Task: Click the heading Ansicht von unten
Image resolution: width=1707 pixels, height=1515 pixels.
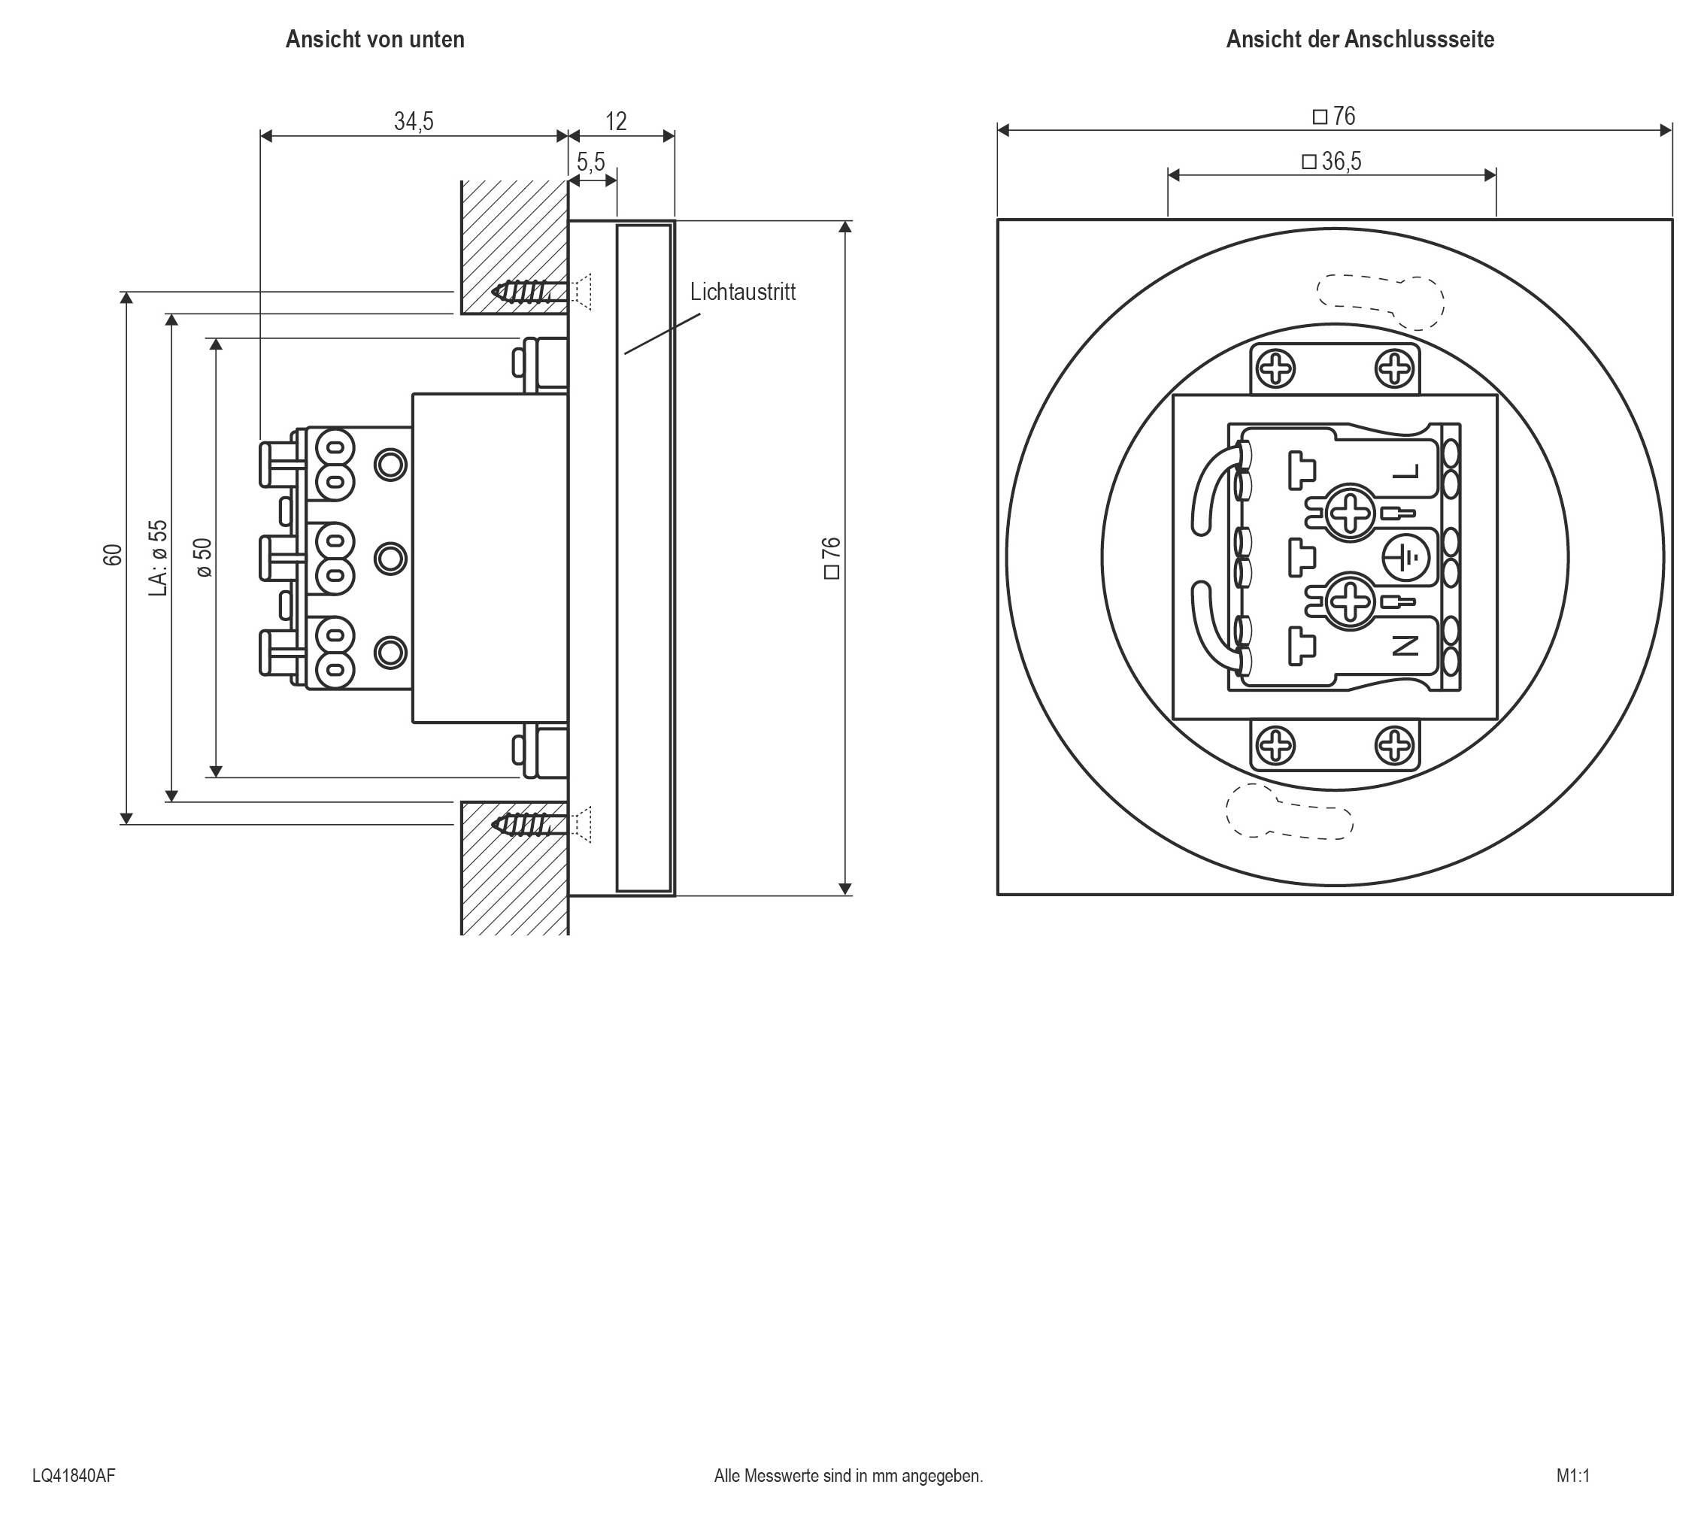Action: coord(374,39)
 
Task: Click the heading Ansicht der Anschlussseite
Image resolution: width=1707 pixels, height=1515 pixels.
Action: coord(1360,39)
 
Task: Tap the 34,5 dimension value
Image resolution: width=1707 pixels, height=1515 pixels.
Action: coord(414,122)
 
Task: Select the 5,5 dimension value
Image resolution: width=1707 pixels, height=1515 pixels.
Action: coord(590,161)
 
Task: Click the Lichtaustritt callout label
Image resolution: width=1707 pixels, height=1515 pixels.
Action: coord(742,292)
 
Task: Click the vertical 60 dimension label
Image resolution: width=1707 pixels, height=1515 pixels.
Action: coord(113,555)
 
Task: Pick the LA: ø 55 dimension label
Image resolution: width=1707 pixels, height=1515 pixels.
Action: coord(158,558)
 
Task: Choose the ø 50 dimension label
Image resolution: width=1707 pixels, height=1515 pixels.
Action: coord(203,557)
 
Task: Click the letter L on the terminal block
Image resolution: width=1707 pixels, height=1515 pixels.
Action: coord(1406,474)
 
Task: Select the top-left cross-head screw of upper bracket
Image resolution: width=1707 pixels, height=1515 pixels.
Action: coord(1276,369)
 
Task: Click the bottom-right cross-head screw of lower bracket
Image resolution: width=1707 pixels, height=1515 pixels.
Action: coord(1394,745)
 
